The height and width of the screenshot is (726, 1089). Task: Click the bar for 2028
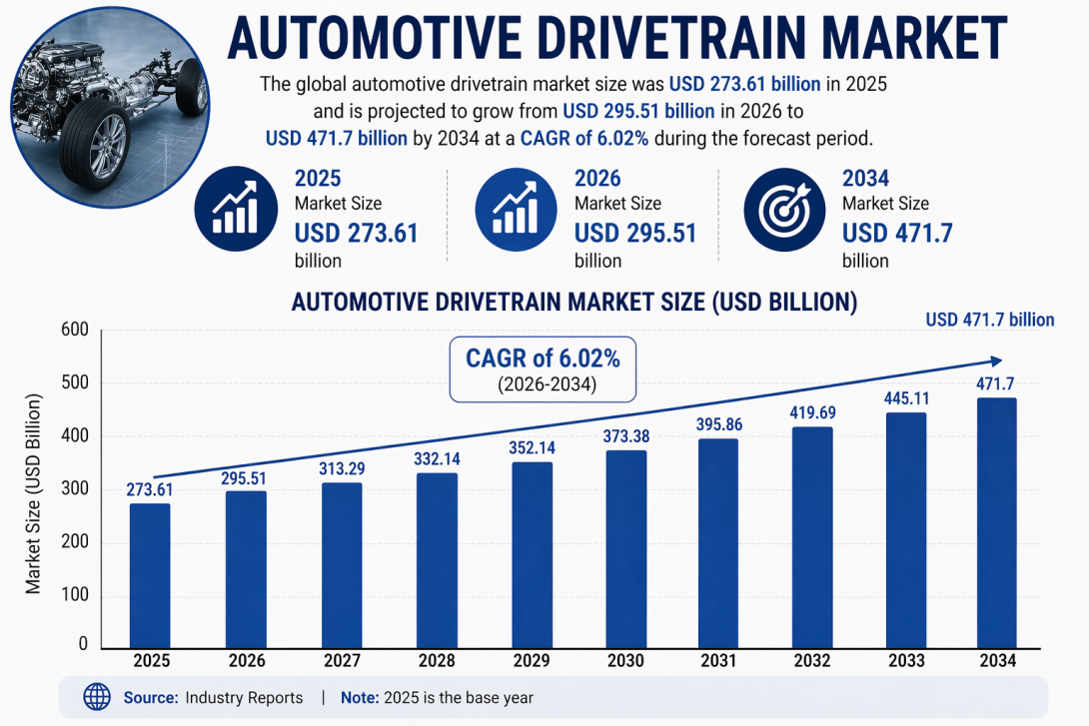[437, 560]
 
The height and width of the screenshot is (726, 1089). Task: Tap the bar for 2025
[150, 575]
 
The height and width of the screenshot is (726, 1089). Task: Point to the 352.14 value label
[533, 447]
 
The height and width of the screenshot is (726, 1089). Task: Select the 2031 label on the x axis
[717, 662]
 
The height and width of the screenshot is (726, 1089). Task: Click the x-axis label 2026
[246, 662]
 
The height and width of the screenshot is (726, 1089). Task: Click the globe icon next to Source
[97, 697]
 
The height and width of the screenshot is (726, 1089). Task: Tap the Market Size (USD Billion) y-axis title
[34, 494]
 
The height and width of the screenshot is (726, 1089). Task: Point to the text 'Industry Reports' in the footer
[244, 698]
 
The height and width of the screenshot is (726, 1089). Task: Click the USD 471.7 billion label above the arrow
[989, 320]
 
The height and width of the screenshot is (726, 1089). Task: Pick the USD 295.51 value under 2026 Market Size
[634, 234]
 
